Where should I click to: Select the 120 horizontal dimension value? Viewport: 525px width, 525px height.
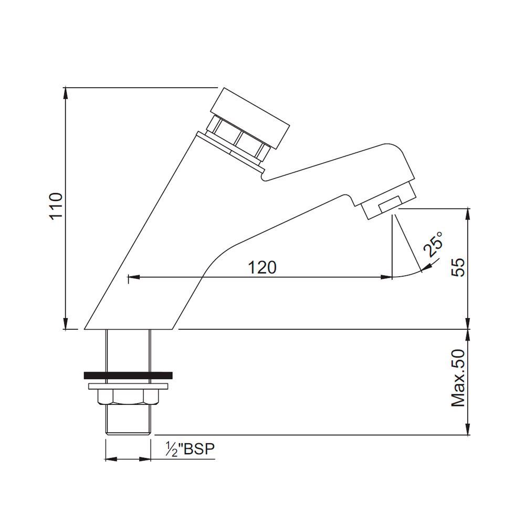[262, 267]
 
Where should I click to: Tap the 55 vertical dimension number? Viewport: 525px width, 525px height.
[458, 267]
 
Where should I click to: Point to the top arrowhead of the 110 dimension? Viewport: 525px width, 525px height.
[66, 92]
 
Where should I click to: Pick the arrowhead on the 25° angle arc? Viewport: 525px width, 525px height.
[427, 269]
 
